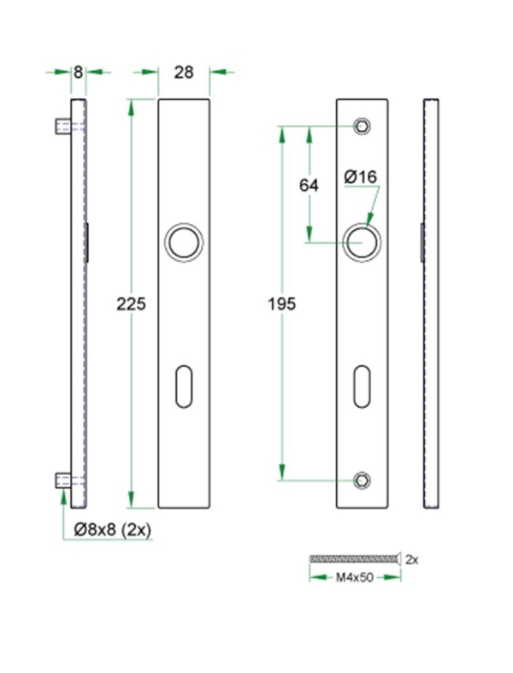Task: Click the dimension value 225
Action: pyautogui.click(x=132, y=304)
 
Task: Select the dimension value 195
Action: pyautogui.click(x=281, y=304)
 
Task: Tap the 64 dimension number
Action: pyautogui.click(x=309, y=185)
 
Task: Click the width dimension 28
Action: pyautogui.click(x=184, y=73)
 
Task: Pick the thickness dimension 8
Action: pyautogui.click(x=78, y=73)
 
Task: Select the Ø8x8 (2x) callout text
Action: pyautogui.click(x=112, y=530)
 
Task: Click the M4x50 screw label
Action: pyautogui.click(x=353, y=577)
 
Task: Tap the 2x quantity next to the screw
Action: pyautogui.click(x=411, y=559)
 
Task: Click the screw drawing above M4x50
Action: pyautogui.click(x=353, y=559)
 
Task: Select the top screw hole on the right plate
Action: pyautogui.click(x=363, y=126)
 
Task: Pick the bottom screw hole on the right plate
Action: pyautogui.click(x=363, y=481)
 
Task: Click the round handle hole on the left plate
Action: pyautogui.click(x=184, y=242)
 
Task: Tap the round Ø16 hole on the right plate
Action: pyautogui.click(x=363, y=242)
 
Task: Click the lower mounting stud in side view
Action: pyautogui.click(x=62, y=480)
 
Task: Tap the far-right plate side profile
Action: pyautogui.click(x=432, y=304)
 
